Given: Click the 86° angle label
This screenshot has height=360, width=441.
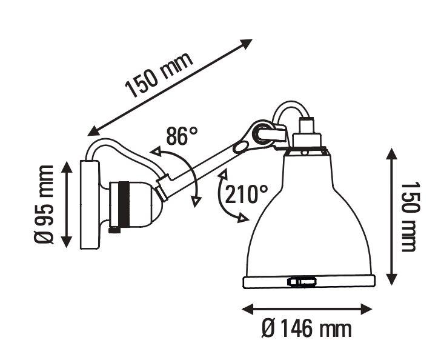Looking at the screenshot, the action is point(182,136).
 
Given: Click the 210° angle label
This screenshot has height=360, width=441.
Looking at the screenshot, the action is point(247,194).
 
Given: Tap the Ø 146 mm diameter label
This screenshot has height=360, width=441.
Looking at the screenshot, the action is point(307,328).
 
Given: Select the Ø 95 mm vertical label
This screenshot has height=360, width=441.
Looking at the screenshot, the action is point(44,205).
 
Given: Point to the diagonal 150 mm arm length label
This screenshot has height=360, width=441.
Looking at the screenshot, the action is point(159,75).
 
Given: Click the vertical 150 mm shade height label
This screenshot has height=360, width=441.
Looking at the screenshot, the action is point(410,217).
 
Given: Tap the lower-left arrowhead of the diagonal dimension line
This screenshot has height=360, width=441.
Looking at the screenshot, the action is point(93,131).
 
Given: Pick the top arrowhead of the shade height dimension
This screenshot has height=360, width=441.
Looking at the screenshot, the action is point(391,154).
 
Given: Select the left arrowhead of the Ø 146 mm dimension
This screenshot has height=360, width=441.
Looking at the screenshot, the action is point(248,309).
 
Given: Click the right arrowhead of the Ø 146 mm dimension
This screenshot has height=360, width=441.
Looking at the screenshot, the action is point(366,309).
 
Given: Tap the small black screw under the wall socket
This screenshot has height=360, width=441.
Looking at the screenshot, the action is point(114,230).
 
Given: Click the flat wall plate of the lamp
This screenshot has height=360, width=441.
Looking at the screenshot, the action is point(90,205).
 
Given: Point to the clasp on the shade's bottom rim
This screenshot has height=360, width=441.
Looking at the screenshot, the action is point(302,281).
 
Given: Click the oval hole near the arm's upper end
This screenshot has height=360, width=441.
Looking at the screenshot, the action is point(240,147).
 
